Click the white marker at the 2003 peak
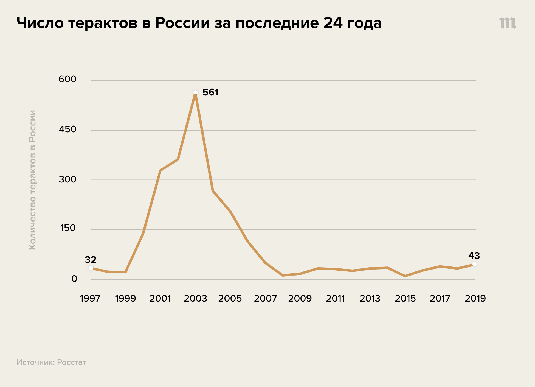[195, 93]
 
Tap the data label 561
[210, 92]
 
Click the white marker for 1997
[91, 268]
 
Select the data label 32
[91, 259]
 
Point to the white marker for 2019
[474, 264]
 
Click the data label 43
[474, 256]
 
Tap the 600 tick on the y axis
[67, 79]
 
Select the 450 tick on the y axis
[67, 129]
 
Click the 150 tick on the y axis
[67, 228]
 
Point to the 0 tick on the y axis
[74, 279]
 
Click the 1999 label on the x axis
[125, 298]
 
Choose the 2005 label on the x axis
[230, 298]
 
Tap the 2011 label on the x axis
[335, 298]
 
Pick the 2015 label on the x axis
[405, 298]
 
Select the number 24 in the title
[333, 23]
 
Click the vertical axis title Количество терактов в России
[32, 180]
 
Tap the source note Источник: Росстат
[51, 362]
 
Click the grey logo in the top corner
[508, 23]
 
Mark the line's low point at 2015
[405, 276]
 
